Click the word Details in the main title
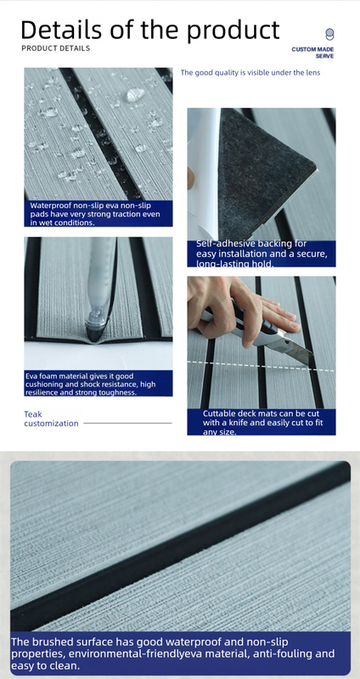tap(62, 30)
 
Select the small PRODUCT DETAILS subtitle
tap(56, 48)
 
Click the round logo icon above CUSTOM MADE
tap(329, 34)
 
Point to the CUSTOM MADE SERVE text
tap(312, 53)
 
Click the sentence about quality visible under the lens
tap(250, 73)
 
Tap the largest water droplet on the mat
tap(136, 95)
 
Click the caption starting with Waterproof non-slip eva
tap(95, 214)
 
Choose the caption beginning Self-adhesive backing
tap(262, 254)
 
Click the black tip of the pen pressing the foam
tap(94, 334)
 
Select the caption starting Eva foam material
tap(90, 384)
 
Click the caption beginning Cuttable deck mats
tap(263, 423)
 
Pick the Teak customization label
tap(51, 418)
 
